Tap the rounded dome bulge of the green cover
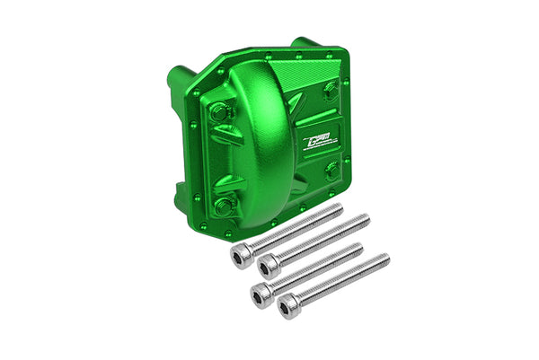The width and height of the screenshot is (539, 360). pos(261,126)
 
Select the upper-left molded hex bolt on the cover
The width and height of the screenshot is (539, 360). pos(219,113)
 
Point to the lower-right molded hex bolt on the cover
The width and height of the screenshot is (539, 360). pos(334,170)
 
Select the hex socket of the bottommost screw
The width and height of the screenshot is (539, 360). pos(287,309)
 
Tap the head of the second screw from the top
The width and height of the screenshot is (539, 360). pos(267,267)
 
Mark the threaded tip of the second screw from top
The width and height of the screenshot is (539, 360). pos(366,218)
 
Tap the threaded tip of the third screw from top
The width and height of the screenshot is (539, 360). pos(358,247)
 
